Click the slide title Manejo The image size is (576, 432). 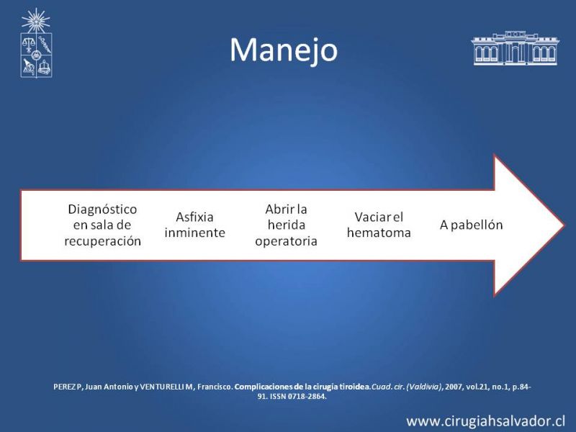284,50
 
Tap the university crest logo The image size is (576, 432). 36,43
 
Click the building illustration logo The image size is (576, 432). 515,48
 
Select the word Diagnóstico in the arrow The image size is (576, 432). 102,210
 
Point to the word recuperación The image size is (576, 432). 102,241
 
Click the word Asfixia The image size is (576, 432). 194,217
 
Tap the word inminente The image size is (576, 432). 194,233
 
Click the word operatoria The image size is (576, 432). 286,241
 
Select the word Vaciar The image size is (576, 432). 372,217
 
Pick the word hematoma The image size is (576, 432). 379,233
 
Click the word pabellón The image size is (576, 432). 477,225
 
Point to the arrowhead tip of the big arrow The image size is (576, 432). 564,225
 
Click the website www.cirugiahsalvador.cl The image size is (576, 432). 485,421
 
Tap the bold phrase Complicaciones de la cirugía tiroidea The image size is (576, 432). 302,387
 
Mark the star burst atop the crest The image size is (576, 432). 35,21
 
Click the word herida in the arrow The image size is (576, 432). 287,225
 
